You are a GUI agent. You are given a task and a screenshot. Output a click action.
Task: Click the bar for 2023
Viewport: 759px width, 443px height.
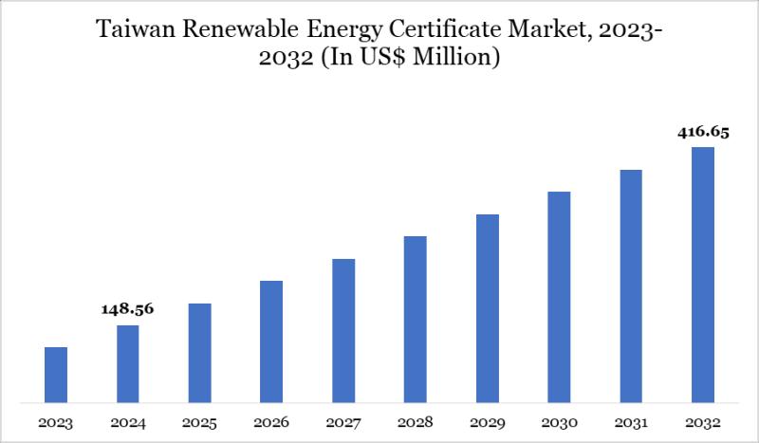pos(56,375)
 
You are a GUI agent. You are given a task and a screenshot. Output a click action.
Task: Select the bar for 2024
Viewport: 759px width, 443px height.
pos(128,363)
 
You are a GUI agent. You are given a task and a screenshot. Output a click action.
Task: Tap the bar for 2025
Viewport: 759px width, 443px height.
pos(199,353)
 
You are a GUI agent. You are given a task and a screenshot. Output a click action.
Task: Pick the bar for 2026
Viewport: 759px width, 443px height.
pos(271,341)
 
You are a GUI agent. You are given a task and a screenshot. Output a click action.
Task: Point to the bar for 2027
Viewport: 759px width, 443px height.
pos(343,330)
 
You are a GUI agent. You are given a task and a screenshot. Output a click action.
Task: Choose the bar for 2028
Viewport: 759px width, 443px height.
pos(416,319)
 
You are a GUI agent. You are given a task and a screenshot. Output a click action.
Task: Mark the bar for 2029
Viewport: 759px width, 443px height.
pos(487,308)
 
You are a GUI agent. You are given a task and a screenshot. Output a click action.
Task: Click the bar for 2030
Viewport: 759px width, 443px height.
pos(559,297)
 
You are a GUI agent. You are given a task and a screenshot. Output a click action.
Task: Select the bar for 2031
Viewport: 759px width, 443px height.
pos(631,286)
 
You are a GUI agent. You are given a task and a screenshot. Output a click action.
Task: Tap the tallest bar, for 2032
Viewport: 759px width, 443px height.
pos(702,274)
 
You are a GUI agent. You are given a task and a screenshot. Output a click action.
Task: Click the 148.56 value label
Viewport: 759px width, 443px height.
pos(128,309)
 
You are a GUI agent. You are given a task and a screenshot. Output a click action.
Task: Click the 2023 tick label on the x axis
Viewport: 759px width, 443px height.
pos(56,421)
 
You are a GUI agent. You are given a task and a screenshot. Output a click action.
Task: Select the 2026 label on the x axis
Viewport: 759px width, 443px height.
pos(271,421)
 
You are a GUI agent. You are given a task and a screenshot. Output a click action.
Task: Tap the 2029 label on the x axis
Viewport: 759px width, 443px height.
pos(487,421)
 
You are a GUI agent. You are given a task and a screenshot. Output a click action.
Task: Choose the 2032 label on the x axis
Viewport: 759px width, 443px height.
pos(702,421)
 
